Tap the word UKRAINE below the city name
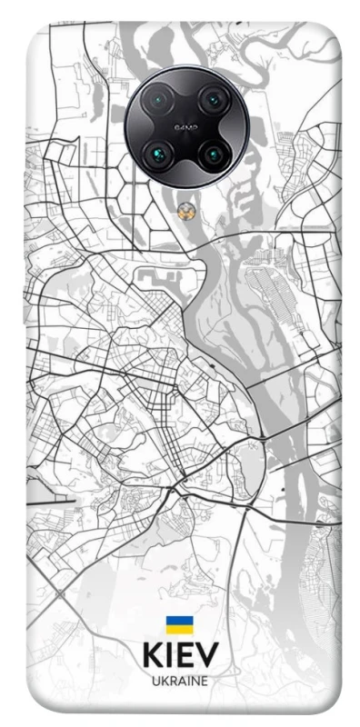[x=179, y=681]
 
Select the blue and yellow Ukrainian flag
[x=179, y=624]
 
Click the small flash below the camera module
[x=185, y=210]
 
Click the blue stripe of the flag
[x=179, y=621]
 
